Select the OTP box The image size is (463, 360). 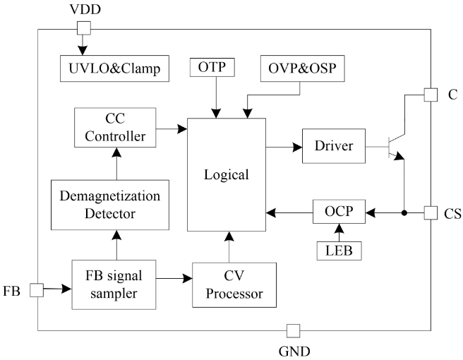click(x=213, y=68)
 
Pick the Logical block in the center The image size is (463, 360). click(x=226, y=174)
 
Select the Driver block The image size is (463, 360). click(x=333, y=146)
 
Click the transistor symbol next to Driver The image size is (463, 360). click(x=395, y=146)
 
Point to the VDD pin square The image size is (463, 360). click(x=84, y=28)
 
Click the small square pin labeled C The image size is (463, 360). click(x=430, y=95)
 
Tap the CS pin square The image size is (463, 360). click(x=430, y=212)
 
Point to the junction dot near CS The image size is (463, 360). click(x=404, y=212)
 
